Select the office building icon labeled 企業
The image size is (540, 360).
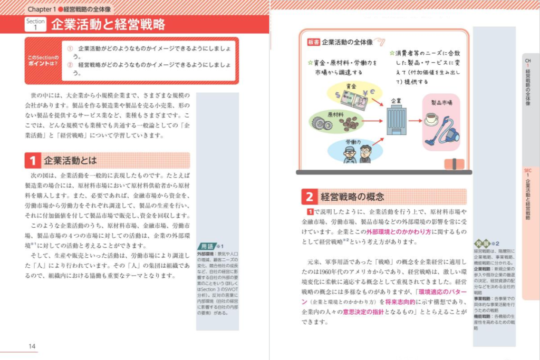point(396,121)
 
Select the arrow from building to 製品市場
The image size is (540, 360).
point(415,121)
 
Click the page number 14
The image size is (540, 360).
point(32,346)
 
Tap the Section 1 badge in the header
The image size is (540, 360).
point(36,25)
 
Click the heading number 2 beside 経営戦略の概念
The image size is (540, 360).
point(309,197)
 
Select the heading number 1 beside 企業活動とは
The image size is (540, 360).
point(33,161)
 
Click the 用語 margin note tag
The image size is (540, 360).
point(207,246)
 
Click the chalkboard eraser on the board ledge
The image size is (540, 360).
point(455,164)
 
